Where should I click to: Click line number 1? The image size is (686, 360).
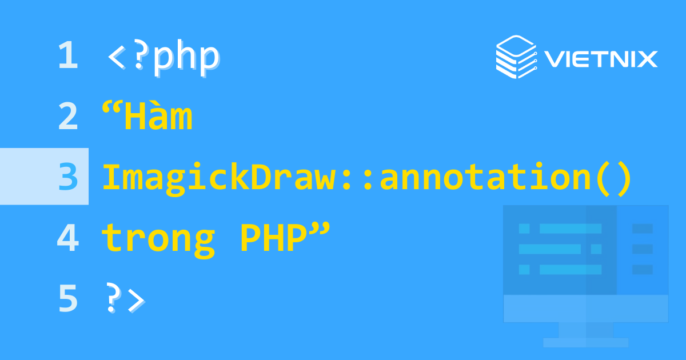(x=67, y=57)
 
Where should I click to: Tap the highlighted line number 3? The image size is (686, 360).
(x=67, y=177)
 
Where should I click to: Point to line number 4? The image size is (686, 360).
(x=67, y=238)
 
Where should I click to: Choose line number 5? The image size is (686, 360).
(x=67, y=299)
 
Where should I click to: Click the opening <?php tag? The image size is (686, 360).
(x=163, y=57)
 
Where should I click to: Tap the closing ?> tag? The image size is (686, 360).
(x=125, y=299)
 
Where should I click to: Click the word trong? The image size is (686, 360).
(x=158, y=239)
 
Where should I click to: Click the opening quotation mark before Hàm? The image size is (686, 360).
(x=112, y=109)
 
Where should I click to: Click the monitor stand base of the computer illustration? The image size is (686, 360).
(x=585, y=342)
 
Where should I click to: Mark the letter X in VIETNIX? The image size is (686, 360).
(x=647, y=59)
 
